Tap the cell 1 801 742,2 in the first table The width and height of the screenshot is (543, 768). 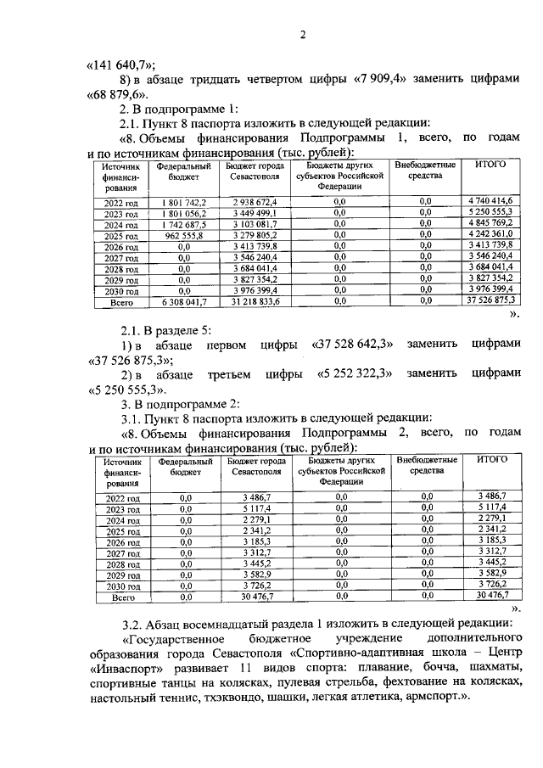pos(179,200)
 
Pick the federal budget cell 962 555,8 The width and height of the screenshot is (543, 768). pos(179,236)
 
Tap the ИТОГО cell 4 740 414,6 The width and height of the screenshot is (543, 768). pos(490,200)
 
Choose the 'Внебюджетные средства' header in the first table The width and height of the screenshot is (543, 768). pos(425,170)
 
